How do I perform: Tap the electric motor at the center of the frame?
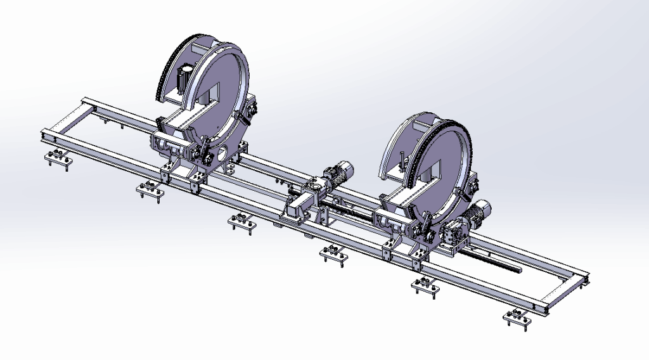click(338, 173)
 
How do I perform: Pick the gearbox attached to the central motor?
click(314, 188)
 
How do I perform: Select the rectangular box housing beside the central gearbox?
click(298, 207)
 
